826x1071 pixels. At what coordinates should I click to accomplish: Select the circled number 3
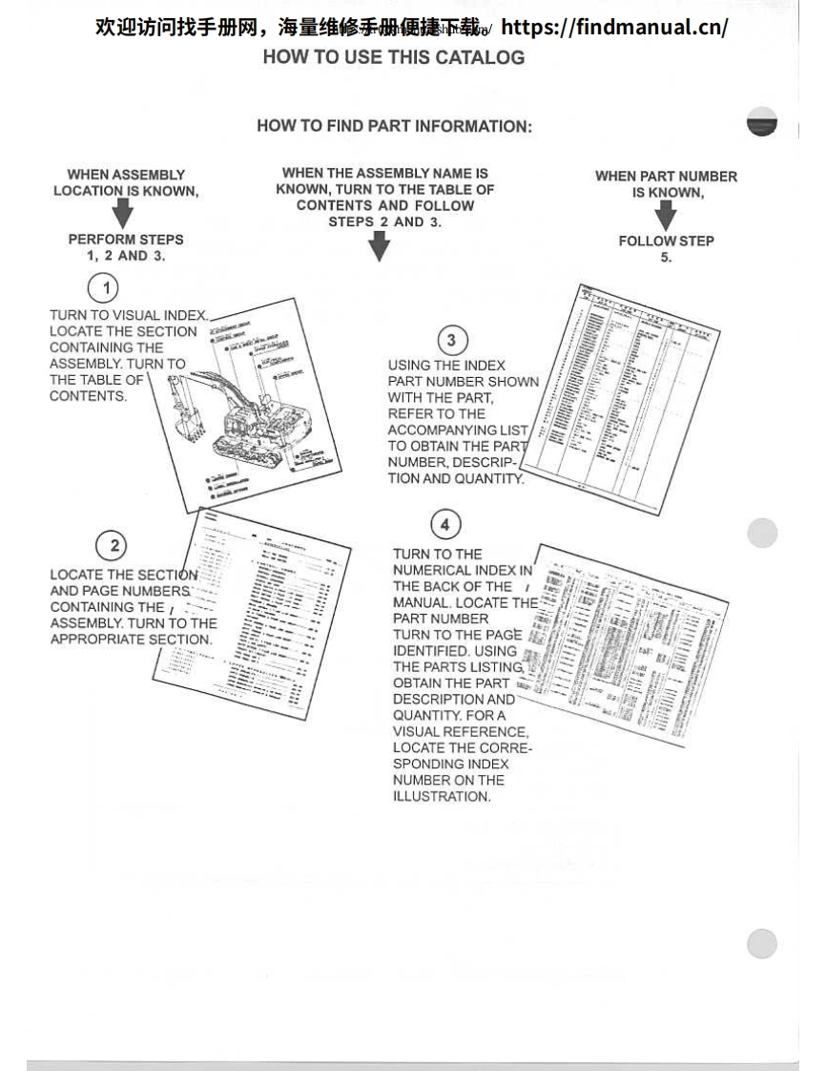point(451,341)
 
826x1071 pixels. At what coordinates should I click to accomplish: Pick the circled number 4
point(444,524)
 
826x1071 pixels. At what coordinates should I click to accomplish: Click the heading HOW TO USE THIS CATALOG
point(393,57)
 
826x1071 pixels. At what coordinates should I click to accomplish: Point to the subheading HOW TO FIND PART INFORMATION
point(394,126)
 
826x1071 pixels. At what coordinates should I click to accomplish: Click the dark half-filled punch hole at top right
point(762,121)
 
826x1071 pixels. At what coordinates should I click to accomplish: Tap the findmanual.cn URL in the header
point(614,26)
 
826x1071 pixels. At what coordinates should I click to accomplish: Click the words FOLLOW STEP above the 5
point(666,241)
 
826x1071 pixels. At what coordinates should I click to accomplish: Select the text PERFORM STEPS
point(126,240)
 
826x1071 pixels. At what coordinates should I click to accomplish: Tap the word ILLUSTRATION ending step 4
point(442,797)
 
